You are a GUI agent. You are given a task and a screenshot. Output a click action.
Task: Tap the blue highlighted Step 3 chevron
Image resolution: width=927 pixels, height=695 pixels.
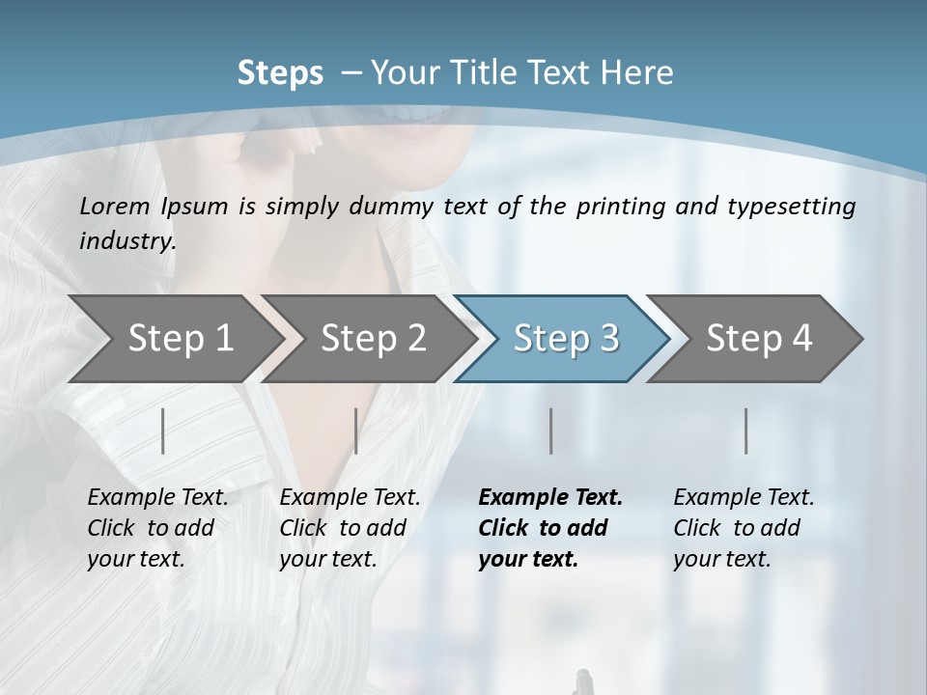click(x=565, y=339)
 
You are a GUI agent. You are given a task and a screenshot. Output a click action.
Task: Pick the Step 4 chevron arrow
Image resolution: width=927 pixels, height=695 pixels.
click(x=758, y=339)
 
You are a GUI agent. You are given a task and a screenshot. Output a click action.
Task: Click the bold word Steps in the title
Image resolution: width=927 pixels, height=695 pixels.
click(x=280, y=73)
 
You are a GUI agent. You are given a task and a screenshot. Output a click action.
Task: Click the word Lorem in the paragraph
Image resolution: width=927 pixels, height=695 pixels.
click(x=111, y=206)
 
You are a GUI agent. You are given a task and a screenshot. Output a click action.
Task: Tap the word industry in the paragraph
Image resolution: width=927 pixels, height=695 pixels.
click(x=126, y=240)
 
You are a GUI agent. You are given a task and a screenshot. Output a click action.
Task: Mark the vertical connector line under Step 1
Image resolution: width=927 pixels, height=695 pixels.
click(x=163, y=431)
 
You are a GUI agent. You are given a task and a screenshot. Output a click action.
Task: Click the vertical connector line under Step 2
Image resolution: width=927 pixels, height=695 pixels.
click(x=356, y=431)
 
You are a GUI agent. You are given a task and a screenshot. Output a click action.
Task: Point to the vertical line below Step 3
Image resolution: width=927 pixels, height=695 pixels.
click(x=550, y=431)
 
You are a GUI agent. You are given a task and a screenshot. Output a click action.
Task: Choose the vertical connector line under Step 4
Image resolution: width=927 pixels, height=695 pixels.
click(x=746, y=431)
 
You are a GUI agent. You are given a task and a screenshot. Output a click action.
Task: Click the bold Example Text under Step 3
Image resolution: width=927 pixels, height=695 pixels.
click(x=550, y=498)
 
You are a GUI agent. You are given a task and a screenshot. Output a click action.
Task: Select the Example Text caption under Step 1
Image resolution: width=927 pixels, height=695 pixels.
click(x=157, y=498)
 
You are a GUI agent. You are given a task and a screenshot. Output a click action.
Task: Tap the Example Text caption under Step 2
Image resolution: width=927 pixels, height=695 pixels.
click(x=350, y=498)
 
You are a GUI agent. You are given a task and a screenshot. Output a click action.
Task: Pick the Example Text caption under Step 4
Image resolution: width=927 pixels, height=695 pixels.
click(x=744, y=498)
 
